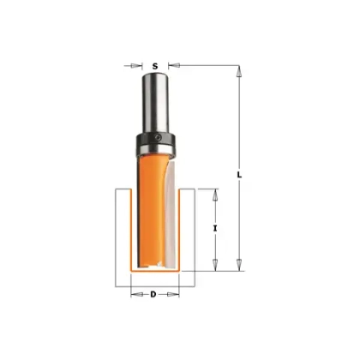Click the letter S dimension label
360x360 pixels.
click(x=155, y=66)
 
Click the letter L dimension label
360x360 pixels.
click(x=239, y=175)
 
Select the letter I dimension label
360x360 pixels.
click(x=215, y=228)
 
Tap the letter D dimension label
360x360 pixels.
click(x=153, y=294)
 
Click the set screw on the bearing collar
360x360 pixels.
click(x=158, y=137)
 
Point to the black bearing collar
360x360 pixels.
click(x=155, y=138)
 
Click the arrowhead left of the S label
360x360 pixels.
click(x=136, y=66)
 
